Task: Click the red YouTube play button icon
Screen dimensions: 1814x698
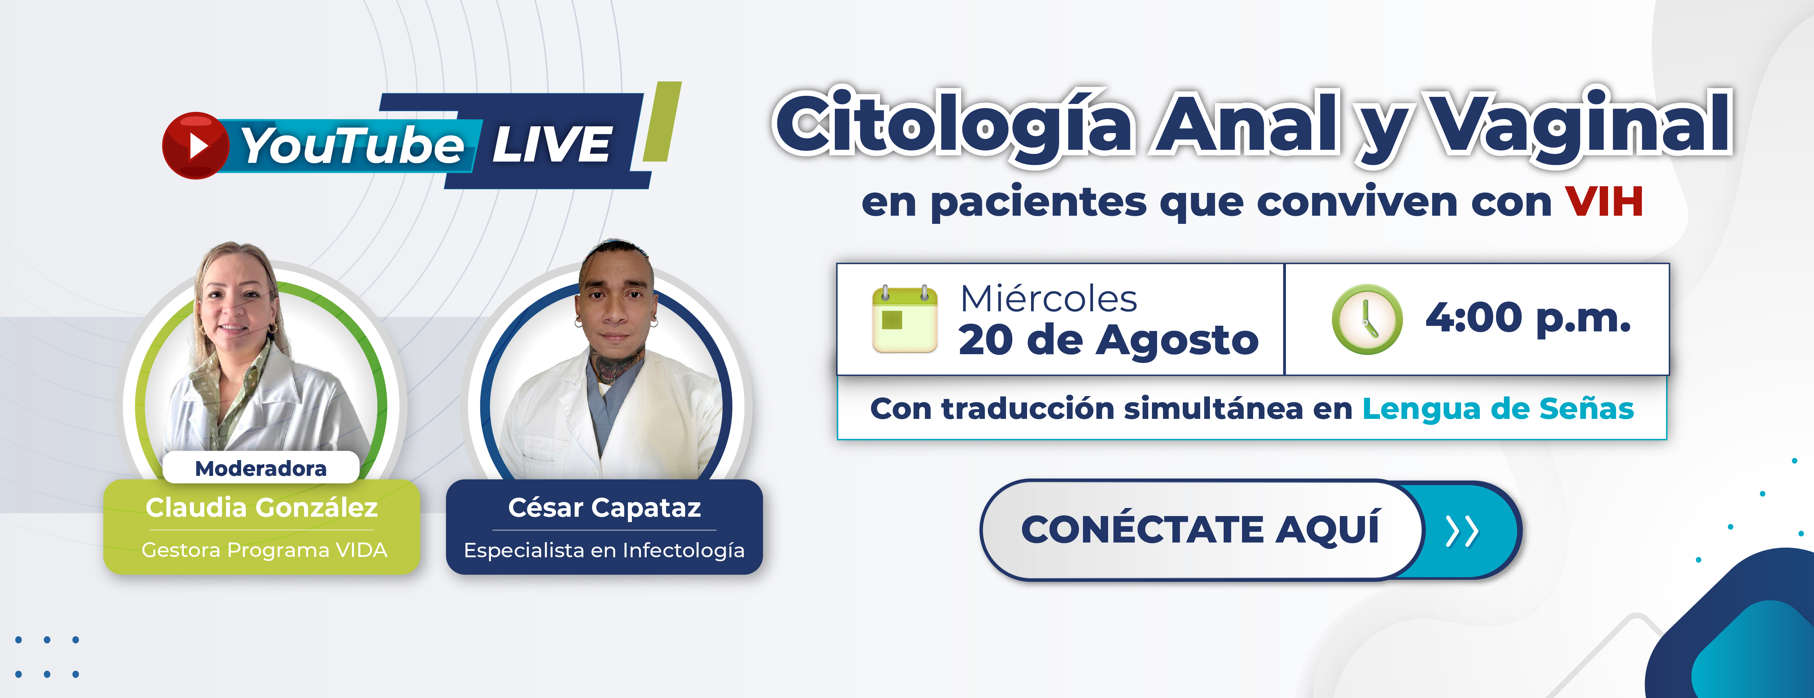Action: tap(195, 145)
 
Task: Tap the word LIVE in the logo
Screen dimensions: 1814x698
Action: tap(552, 145)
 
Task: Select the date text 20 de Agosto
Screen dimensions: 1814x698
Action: tap(1108, 341)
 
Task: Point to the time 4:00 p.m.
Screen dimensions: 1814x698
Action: tap(1528, 318)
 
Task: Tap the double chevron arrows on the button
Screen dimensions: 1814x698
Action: tap(1462, 531)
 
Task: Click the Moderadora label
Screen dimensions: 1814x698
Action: tap(261, 468)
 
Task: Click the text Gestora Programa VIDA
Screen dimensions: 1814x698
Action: tap(264, 550)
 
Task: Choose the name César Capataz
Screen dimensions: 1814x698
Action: tap(604, 507)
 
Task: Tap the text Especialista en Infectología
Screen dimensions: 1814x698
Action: tap(604, 550)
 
